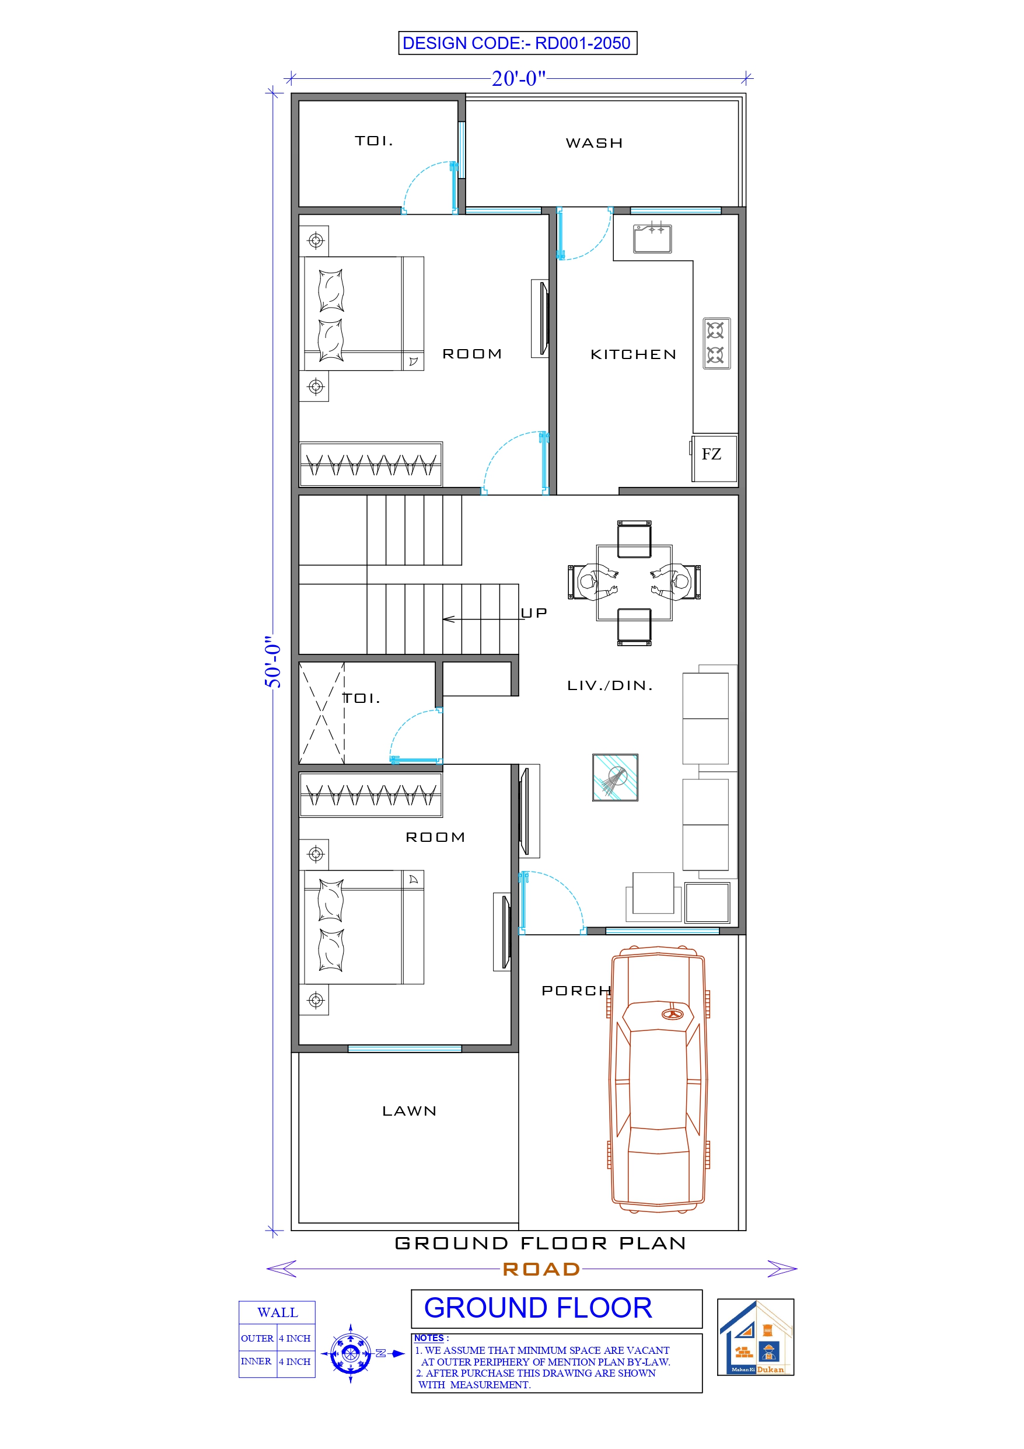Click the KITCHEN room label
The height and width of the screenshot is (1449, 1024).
[633, 355]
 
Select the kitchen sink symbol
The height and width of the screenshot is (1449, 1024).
[652, 239]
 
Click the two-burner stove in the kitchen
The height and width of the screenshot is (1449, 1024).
[716, 343]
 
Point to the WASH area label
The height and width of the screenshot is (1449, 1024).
[594, 143]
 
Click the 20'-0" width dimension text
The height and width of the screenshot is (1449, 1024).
[518, 78]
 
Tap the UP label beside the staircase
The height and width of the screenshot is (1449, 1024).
[534, 613]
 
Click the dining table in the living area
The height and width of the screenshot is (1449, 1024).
[634, 583]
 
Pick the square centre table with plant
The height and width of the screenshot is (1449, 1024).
[614, 777]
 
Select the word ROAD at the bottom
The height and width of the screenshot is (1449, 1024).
[541, 1269]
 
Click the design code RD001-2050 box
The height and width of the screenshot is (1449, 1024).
[518, 43]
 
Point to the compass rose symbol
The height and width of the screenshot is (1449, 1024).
[350, 1353]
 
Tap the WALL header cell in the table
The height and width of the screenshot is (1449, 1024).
[277, 1313]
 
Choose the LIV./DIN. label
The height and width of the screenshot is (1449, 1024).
[610, 685]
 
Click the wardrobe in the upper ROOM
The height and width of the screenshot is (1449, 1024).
[371, 465]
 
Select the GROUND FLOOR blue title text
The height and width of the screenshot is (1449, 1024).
[537, 1308]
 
